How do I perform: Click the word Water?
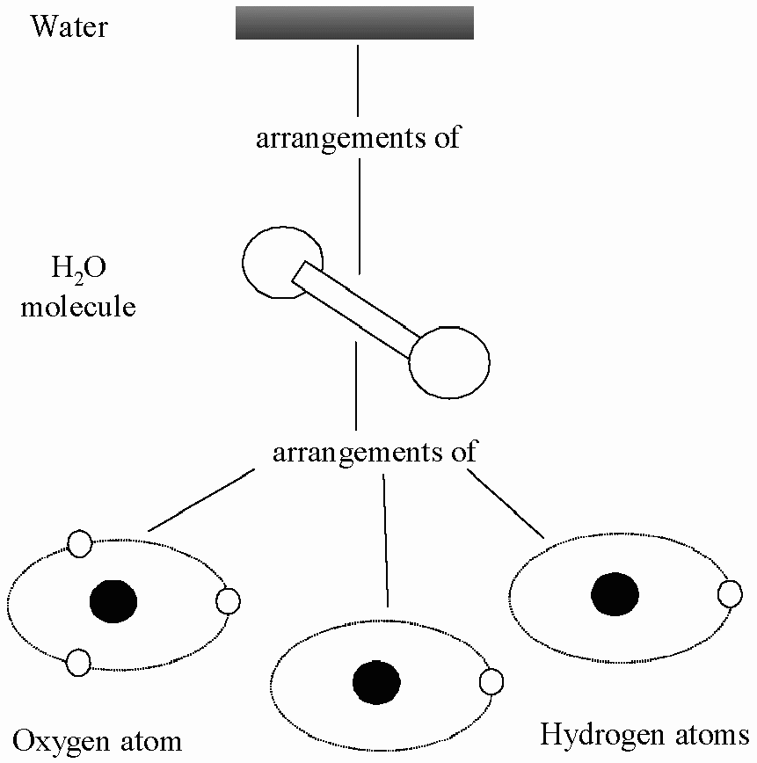[69, 26]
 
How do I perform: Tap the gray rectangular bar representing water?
[354, 23]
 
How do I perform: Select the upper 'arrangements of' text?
[358, 138]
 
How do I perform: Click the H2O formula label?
[78, 268]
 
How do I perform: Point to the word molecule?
[78, 307]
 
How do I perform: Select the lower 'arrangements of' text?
[375, 452]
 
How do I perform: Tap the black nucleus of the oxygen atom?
[113, 601]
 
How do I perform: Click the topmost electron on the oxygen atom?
[79, 543]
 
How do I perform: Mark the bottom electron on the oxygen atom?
[78, 662]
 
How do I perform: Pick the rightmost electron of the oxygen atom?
[228, 601]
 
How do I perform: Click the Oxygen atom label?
[97, 741]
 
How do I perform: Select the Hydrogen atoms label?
[644, 734]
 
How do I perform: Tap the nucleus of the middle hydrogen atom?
[376, 682]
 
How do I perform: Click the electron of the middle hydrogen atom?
[491, 682]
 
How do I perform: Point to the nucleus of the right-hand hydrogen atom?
[615, 594]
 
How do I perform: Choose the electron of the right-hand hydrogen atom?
[731, 594]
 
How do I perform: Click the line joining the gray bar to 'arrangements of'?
[359, 81]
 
